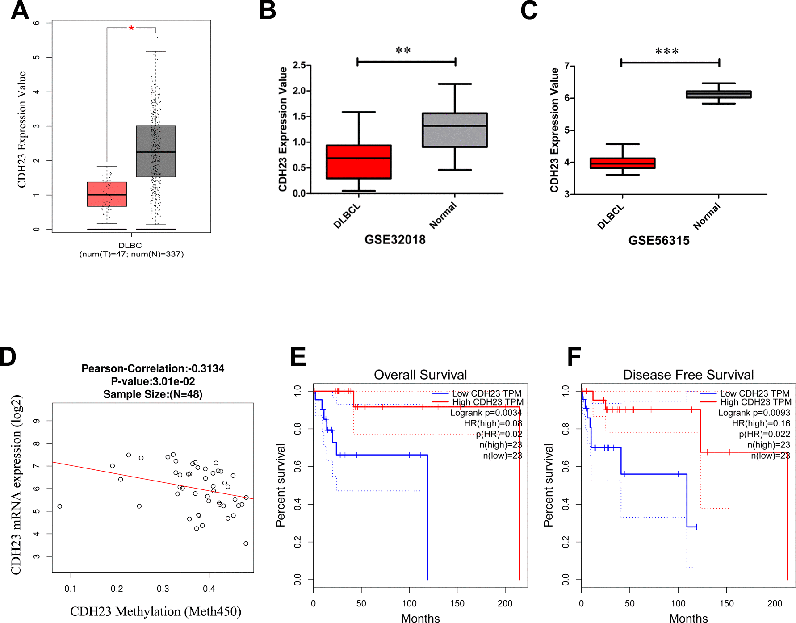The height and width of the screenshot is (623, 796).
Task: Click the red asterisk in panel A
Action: (131, 29)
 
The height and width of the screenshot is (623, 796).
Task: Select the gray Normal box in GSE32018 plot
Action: (455, 130)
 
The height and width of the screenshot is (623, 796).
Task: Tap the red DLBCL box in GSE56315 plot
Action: (622, 163)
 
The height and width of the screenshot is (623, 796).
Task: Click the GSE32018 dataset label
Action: (395, 240)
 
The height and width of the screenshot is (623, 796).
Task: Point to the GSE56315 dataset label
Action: (659, 241)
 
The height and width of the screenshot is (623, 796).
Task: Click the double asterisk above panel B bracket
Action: (403, 50)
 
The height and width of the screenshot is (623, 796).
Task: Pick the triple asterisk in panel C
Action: (667, 51)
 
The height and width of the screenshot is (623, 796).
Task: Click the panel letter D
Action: (8, 357)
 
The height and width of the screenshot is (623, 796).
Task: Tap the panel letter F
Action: (574, 357)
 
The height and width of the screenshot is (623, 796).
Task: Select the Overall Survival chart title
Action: (420, 375)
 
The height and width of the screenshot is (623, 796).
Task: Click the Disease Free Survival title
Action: (688, 375)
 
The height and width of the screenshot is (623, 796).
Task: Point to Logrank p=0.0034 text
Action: (486, 413)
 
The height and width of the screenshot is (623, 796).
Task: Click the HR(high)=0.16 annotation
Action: (761, 423)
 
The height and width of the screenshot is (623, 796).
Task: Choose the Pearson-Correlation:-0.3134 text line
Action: (153, 368)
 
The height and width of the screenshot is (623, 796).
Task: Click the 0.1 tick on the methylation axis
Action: (71, 589)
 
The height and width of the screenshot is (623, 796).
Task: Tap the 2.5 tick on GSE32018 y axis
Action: (299, 65)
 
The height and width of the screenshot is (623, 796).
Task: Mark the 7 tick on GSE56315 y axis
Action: (566, 66)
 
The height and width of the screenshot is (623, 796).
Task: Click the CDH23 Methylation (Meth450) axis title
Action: (155, 611)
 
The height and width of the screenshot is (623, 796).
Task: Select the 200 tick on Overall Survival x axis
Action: (505, 603)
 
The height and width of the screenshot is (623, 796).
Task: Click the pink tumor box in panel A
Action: (107, 194)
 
